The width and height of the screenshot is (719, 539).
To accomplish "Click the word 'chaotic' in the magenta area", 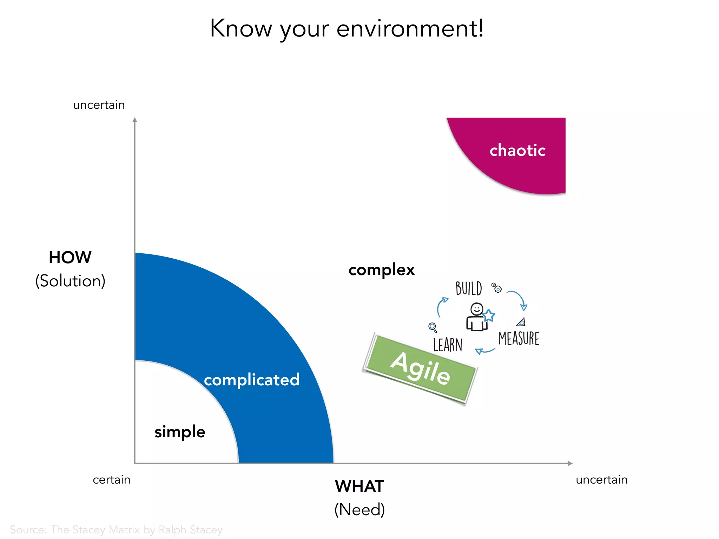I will (517, 151).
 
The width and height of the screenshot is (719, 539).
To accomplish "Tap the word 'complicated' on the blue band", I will (252, 380).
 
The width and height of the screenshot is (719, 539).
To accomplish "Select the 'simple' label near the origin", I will (180, 432).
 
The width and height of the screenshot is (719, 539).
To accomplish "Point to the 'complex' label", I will (382, 270).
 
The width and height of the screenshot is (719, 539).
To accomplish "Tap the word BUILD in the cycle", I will (469, 289).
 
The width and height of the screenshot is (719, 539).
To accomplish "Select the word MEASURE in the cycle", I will (519, 339).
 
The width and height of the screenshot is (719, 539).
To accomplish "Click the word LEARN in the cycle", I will (448, 345).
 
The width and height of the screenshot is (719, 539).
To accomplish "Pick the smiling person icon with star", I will (478, 317).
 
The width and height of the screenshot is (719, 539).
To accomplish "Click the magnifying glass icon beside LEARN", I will (433, 327).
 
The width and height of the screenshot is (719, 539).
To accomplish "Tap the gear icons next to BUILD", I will (496, 287).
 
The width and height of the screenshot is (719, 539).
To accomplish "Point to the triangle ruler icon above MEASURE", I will (521, 322).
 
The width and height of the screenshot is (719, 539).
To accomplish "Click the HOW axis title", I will (70, 258).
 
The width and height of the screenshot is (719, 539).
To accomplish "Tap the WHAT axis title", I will (359, 486).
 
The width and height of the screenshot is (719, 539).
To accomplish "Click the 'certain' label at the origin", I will (111, 480).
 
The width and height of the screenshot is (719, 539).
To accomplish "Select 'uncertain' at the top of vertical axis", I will (99, 105).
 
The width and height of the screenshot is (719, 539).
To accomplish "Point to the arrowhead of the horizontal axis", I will (570, 463).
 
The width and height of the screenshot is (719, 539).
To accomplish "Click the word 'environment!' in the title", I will (410, 28).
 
